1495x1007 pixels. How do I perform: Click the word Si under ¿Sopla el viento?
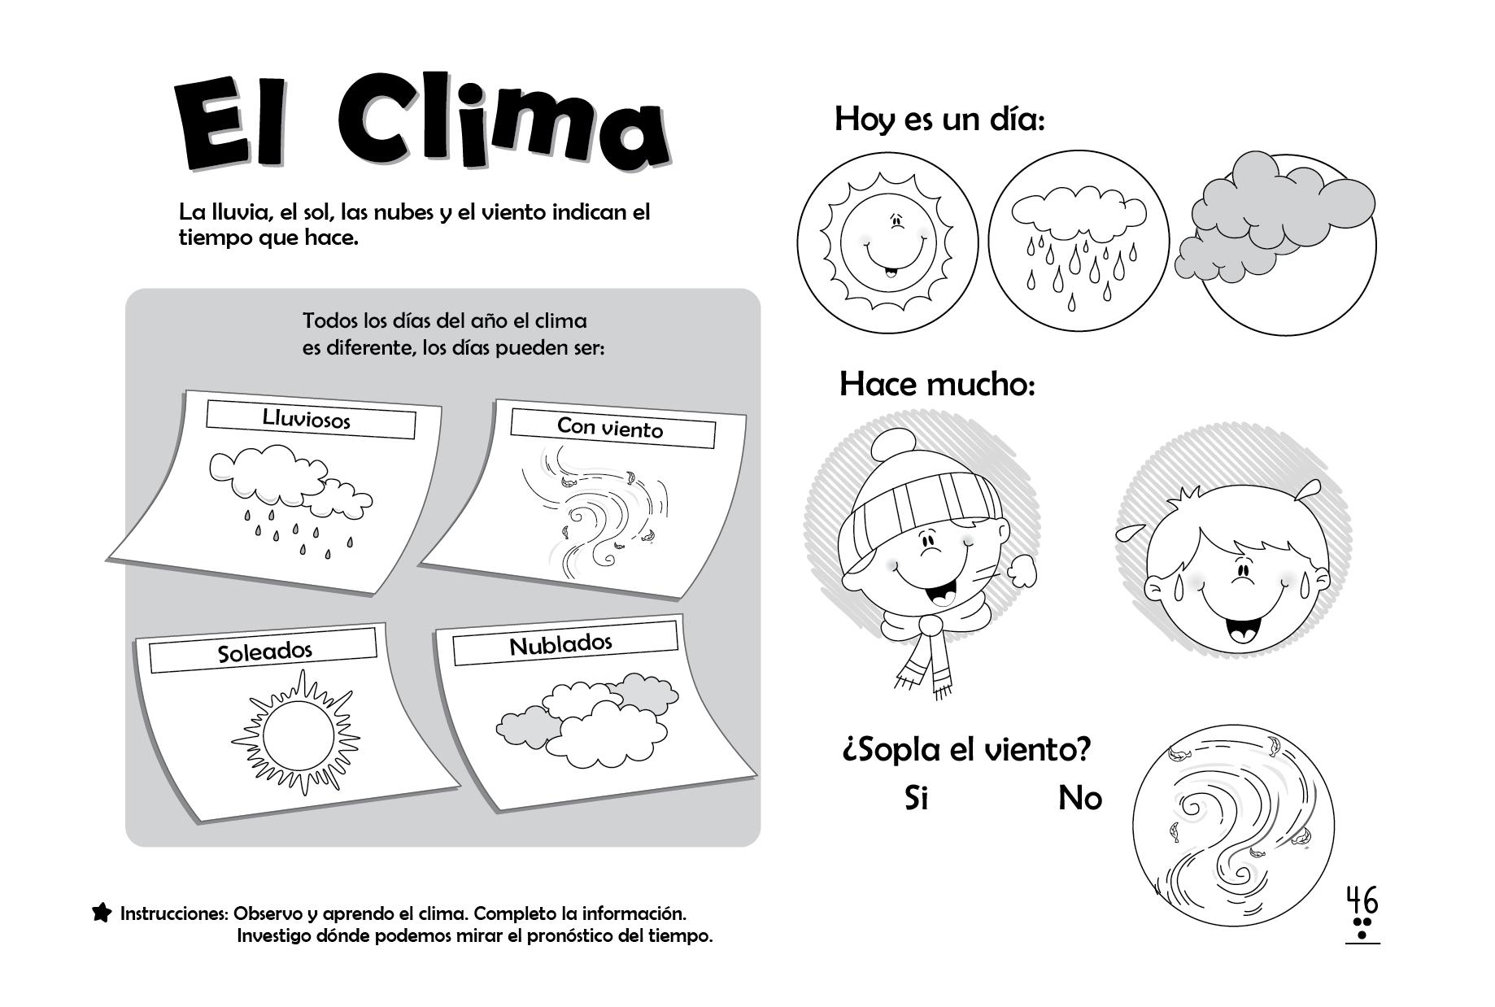tap(916, 798)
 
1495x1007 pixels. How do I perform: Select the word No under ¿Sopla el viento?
tap(1079, 798)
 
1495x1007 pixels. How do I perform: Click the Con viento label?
tap(610, 427)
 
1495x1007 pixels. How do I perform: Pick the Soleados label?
tap(265, 652)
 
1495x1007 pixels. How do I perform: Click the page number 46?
tap(1362, 901)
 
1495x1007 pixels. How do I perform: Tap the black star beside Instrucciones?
tap(102, 913)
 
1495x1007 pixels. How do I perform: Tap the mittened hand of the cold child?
tap(1022, 569)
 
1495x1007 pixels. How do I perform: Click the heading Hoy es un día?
tap(939, 120)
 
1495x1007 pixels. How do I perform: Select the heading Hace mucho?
tap(937, 383)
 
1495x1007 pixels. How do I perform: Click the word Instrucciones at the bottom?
tap(173, 913)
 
